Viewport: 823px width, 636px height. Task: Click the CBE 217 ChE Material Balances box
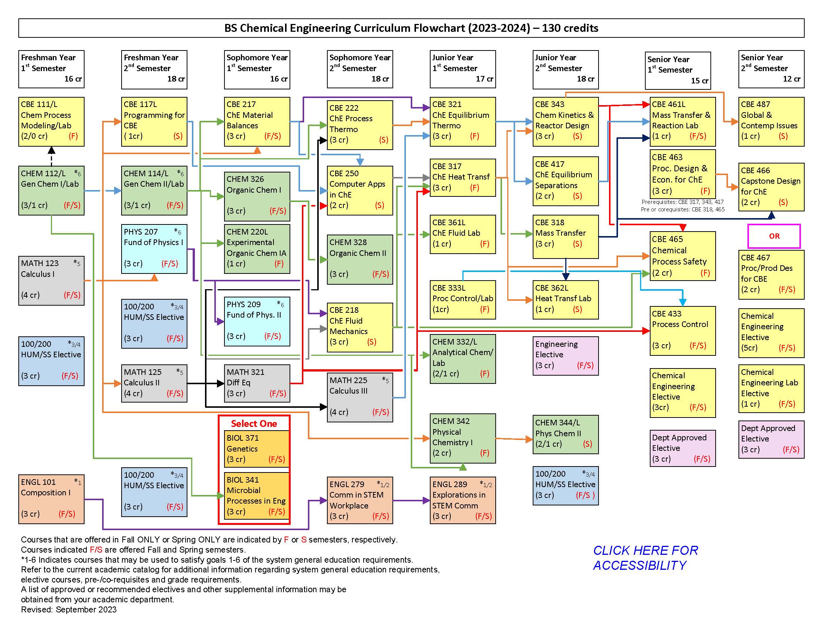(257, 121)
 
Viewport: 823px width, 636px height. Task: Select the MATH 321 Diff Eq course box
(257, 383)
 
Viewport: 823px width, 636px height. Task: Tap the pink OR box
(774, 236)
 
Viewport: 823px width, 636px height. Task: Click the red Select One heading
(254, 424)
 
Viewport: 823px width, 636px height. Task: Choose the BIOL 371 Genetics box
(254, 448)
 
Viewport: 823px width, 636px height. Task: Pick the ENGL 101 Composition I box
(51, 499)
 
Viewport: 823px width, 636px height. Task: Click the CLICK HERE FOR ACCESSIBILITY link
(645, 558)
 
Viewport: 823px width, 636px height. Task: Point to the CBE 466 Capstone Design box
(771, 187)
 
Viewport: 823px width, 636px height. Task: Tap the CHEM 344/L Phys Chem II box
(565, 434)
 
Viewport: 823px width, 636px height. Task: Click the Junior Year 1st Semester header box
(462, 69)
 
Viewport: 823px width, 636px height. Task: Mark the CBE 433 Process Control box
(682, 330)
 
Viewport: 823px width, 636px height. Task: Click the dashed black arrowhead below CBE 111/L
(52, 150)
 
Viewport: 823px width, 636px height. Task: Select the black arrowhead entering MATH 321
(221, 383)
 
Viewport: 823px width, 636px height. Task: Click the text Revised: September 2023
(69, 609)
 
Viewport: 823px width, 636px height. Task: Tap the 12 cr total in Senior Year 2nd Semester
(791, 79)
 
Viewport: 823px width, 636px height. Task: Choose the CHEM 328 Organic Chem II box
(360, 259)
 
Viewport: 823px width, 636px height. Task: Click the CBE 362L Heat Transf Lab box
(565, 299)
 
